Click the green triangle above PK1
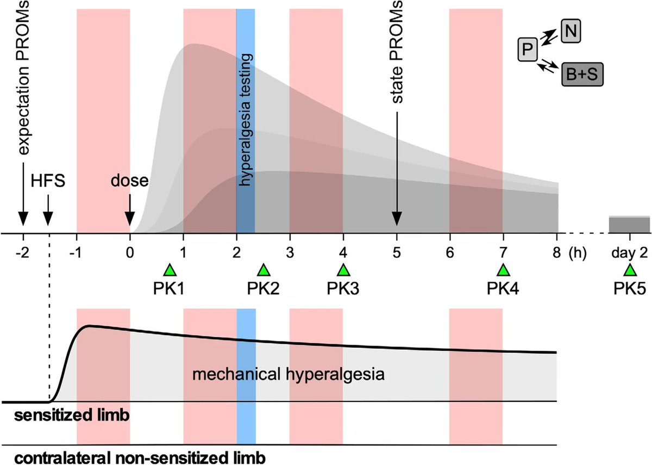[x=170, y=270]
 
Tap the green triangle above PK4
[x=503, y=270]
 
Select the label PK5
[x=630, y=288]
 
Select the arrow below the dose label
[x=130, y=210]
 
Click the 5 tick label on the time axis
[x=397, y=252]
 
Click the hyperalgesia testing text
[x=246, y=120]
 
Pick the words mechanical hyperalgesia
[x=289, y=375]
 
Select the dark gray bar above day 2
[x=630, y=225]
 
